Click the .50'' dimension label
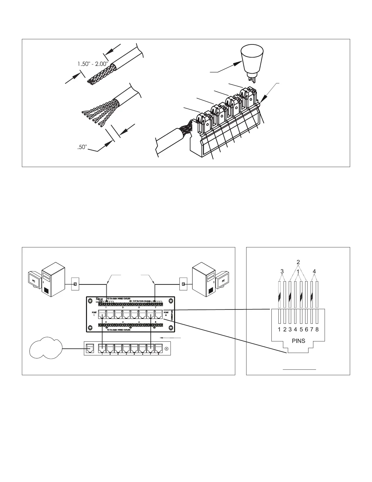(x=81, y=148)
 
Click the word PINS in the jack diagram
(x=298, y=341)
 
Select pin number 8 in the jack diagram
(x=317, y=329)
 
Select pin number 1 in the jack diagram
(x=279, y=329)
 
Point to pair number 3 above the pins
(x=282, y=271)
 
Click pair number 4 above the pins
(x=314, y=271)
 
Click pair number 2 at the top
(x=298, y=262)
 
